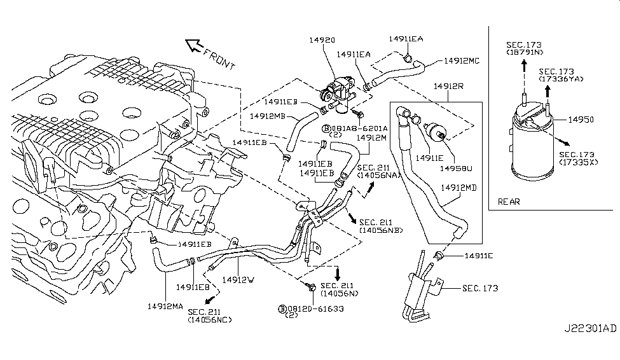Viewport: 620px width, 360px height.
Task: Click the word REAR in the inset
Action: pos(509,202)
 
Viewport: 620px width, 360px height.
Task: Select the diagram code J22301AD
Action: pos(589,347)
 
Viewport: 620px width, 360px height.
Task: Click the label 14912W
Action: pos(238,279)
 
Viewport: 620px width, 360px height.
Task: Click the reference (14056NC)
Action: pos(210,320)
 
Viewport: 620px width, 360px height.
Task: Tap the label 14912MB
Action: pos(266,116)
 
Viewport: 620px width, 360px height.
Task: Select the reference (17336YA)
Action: pos(559,80)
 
